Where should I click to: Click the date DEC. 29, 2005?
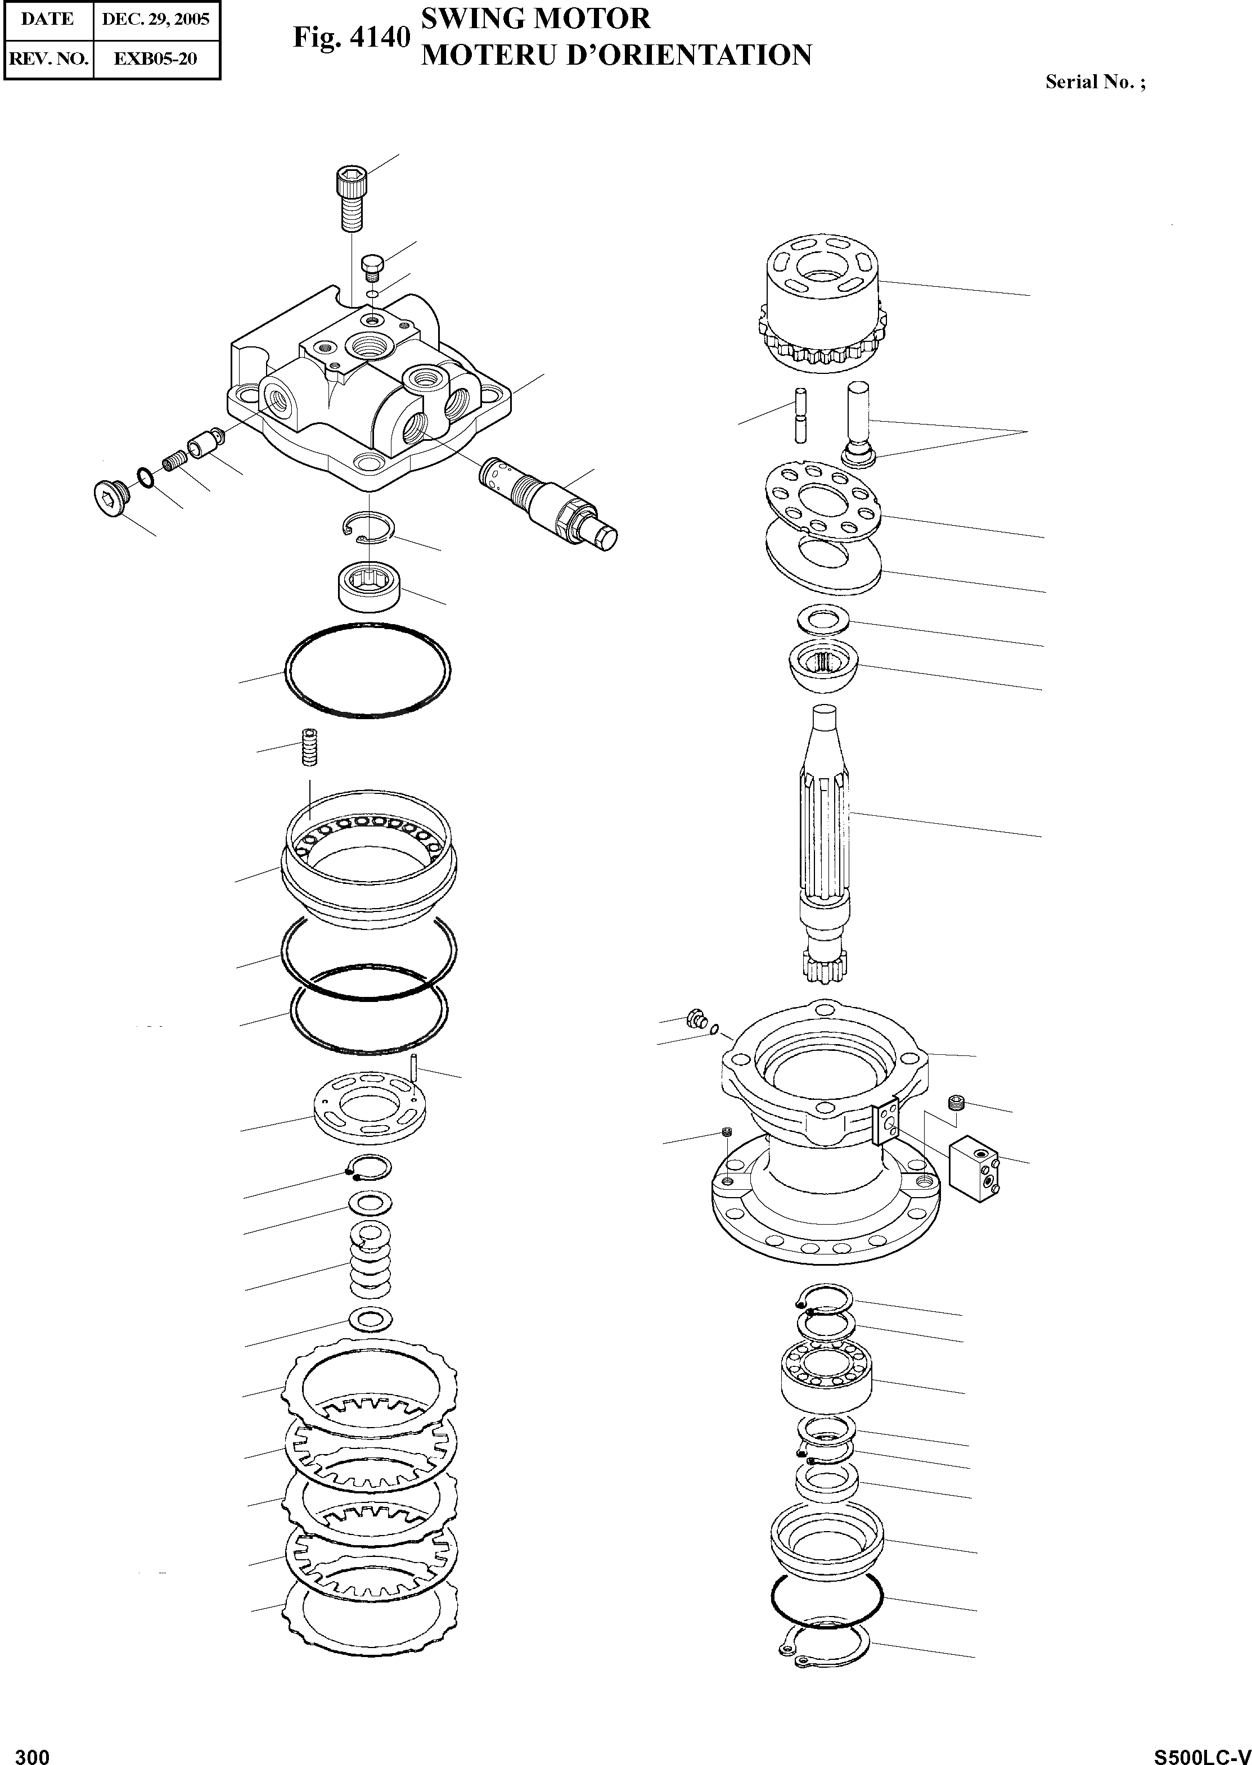[x=156, y=19]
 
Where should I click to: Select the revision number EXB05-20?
[x=156, y=58]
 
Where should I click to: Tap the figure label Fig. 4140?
[x=351, y=37]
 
